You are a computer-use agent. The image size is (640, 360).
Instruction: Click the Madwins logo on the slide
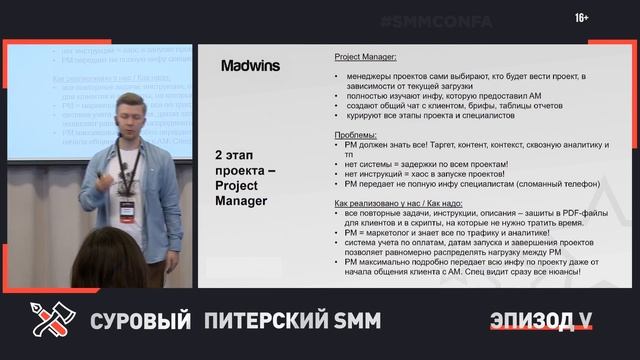pos(250,66)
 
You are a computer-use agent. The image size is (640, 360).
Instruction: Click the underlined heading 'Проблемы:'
pos(354,134)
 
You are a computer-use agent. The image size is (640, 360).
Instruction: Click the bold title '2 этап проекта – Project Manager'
pos(241,178)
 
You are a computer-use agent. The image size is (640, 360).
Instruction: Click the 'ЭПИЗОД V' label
pos(541,320)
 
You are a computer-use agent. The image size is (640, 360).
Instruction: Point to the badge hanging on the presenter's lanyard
pos(128,207)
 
